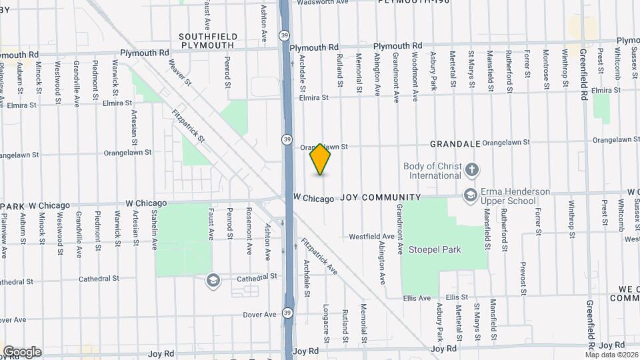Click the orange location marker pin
click(x=321, y=159)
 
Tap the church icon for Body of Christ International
click(x=472, y=170)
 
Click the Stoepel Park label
click(x=443, y=249)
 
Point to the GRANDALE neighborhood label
click(x=455, y=143)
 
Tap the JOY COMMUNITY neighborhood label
click(x=381, y=197)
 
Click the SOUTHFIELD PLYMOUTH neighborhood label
click(x=206, y=41)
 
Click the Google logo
click(x=22, y=351)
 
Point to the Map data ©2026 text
click(x=611, y=355)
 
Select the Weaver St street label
click(x=180, y=71)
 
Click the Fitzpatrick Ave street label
click(x=319, y=256)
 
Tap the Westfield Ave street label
click(x=371, y=237)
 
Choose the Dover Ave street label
click(x=260, y=314)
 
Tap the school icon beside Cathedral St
click(x=213, y=279)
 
